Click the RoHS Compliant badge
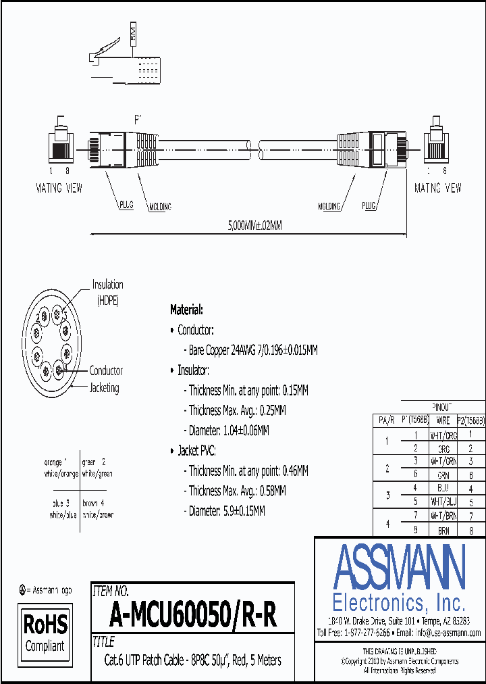point(46,632)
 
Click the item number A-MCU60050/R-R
point(192,615)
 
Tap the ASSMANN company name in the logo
point(400,566)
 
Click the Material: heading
point(186,310)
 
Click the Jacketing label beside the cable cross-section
point(105,388)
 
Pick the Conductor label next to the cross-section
point(106,370)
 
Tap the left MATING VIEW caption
point(59,189)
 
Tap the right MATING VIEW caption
point(438,189)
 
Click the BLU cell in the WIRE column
point(443,487)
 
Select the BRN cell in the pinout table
point(443,531)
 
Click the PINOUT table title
point(443,408)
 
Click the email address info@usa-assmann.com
point(448,633)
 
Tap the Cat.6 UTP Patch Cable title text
point(192,660)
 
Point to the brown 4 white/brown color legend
point(98,508)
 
